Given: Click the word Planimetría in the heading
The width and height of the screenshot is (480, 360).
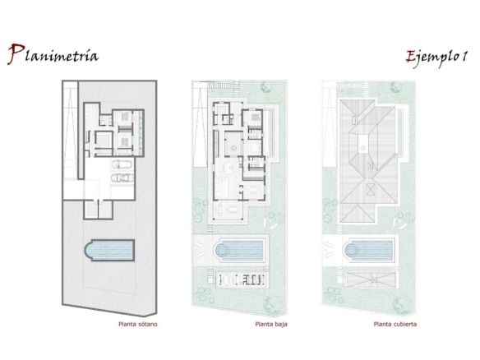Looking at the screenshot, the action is point(53,54).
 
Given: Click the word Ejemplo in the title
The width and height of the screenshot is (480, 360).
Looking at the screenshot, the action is point(432,57).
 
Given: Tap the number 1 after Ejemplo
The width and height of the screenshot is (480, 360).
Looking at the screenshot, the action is point(464,56).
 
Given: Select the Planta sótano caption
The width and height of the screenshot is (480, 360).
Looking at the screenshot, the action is point(138,324).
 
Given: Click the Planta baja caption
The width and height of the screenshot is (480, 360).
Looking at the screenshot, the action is point(271,324).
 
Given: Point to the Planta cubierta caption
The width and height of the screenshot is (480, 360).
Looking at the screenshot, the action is point(395,324).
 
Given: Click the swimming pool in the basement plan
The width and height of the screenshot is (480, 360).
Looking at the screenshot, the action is point(109,250).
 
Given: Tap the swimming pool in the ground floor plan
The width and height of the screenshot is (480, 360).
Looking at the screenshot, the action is point(239,251).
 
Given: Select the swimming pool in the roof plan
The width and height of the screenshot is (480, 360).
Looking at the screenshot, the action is point(368,251).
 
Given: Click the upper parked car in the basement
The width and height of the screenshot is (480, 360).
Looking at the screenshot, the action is point(122,164).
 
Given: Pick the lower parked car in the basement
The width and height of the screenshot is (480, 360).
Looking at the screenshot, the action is point(122,178).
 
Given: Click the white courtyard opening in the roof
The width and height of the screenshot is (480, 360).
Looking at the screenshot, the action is point(362,144).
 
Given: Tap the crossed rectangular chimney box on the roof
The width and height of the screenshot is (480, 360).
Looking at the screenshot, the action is point(371,190).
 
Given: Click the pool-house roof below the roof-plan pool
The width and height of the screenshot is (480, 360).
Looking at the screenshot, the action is point(371,279).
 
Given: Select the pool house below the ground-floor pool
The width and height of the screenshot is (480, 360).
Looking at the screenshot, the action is point(241,279).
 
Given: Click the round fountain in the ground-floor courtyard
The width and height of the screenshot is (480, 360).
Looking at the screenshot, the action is point(233,148).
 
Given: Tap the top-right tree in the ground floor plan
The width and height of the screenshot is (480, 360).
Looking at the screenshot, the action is point(265,87).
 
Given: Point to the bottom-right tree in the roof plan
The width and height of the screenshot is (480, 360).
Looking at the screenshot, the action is point(399,304).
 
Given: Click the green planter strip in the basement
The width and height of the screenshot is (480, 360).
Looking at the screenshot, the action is point(141,132).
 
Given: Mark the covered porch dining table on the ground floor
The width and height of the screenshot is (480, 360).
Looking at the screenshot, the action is point(233,210).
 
